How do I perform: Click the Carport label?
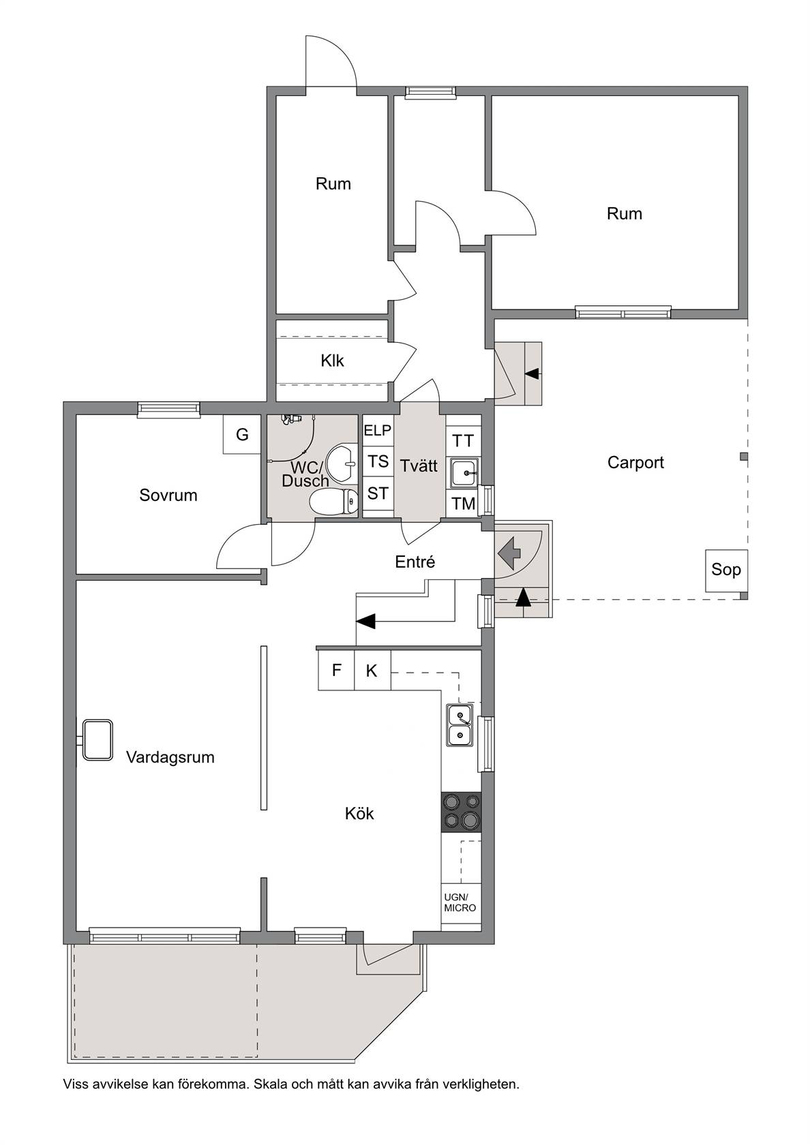coord(635,463)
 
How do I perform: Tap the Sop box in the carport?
coord(726,570)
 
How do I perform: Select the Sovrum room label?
coord(168,495)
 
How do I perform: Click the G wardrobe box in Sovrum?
coord(242,434)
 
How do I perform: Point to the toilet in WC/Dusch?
coord(334,501)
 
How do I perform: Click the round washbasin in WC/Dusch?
coord(342,463)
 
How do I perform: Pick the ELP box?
coord(378,431)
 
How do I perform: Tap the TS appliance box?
coord(378,461)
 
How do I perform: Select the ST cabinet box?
coord(378,493)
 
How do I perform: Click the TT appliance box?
coord(464,440)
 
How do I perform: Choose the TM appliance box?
coord(464,504)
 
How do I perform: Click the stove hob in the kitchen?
coord(461,812)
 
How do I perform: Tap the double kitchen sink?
coord(460,725)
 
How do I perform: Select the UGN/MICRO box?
coord(460,903)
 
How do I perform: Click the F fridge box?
coord(336,670)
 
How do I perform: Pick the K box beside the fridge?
coord(372,670)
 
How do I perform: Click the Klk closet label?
coord(333,361)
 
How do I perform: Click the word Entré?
coord(415,562)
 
